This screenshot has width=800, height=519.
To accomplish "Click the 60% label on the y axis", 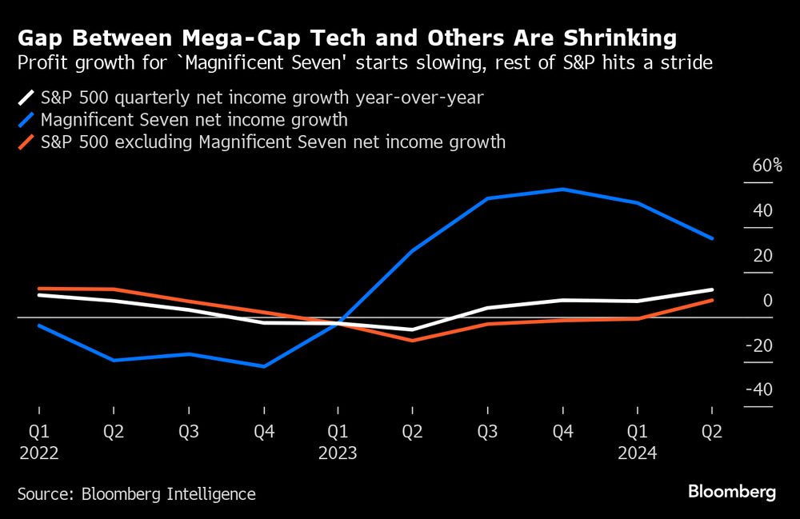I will [766, 166].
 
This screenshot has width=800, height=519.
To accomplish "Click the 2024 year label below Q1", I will [637, 453].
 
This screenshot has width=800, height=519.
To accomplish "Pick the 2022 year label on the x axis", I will [38, 453].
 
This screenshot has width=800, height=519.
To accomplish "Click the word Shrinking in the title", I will [616, 38].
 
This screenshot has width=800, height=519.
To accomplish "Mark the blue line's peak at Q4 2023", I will [562, 190].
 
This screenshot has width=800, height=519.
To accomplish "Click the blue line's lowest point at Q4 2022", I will [263, 366].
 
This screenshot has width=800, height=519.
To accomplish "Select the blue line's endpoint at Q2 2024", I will [712, 238].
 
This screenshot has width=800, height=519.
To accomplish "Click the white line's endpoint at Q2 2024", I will [712, 289].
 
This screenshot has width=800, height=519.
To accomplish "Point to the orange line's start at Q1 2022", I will [38, 288].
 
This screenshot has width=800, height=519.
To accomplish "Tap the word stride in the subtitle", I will [687, 62].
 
